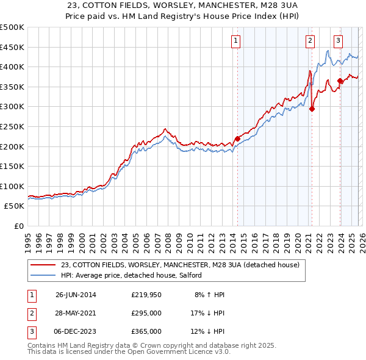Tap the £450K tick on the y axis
(x=12, y=47)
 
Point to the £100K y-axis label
(x=12, y=186)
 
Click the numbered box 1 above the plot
(x=236, y=41)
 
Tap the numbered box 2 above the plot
(x=310, y=41)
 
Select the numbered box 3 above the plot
(x=338, y=41)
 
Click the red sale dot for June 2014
(x=237, y=139)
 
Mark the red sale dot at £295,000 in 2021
(x=312, y=109)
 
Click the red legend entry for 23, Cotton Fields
(x=179, y=265)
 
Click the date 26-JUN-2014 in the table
(x=76, y=295)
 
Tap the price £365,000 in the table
(x=146, y=331)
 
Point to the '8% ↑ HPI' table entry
(x=209, y=295)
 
